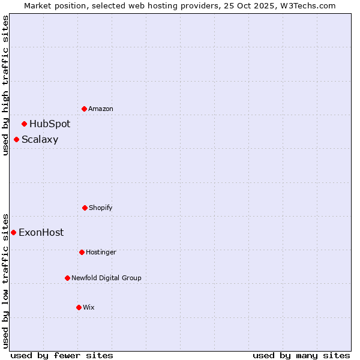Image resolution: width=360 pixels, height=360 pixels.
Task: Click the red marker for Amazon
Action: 85,109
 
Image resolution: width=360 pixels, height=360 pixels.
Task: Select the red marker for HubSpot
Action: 25,124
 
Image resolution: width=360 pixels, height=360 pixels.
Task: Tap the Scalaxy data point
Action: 17,139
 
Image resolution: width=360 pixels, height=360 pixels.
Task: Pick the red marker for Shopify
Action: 85,208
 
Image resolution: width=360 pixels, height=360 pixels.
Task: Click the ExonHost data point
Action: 14,232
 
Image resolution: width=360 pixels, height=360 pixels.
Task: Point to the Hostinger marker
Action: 82,252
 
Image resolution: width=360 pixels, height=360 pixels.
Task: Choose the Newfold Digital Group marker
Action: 68,278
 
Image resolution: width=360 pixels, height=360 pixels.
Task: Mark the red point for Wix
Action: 79,307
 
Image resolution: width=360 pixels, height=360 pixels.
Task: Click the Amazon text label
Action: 101,109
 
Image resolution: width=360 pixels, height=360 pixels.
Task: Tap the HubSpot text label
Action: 50,124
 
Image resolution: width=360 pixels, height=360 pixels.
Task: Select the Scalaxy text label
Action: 40,140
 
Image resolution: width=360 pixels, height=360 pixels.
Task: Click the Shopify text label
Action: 101,208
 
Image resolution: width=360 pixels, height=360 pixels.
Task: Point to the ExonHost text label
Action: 41,233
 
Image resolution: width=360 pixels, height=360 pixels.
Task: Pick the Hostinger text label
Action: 101,252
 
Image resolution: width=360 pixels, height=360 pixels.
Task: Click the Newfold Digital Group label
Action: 106,278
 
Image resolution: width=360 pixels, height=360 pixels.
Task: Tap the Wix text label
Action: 89,307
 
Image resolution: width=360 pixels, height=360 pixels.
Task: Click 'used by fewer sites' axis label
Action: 62,355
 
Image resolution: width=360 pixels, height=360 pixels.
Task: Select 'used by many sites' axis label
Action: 301,355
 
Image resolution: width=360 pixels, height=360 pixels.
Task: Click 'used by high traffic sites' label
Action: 5,85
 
